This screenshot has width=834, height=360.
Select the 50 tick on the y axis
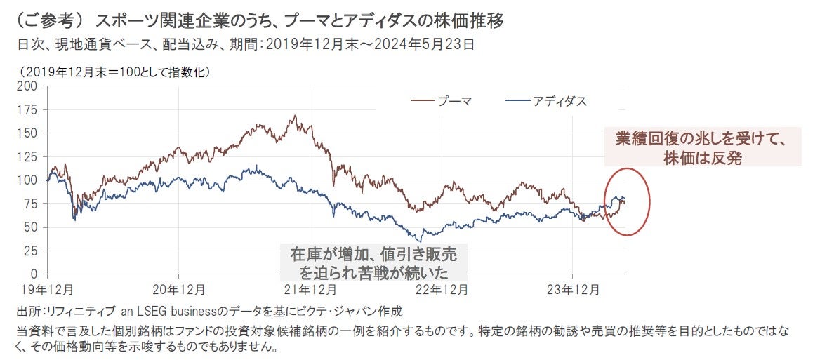(32, 227)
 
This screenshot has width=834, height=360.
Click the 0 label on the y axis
(35, 274)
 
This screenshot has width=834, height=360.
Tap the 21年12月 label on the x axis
(310, 288)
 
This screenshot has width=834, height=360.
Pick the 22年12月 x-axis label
(441, 288)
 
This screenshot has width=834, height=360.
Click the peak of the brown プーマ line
(296, 116)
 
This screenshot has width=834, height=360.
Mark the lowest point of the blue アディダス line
(421, 241)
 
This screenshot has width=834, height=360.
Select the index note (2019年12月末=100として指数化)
(117, 72)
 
